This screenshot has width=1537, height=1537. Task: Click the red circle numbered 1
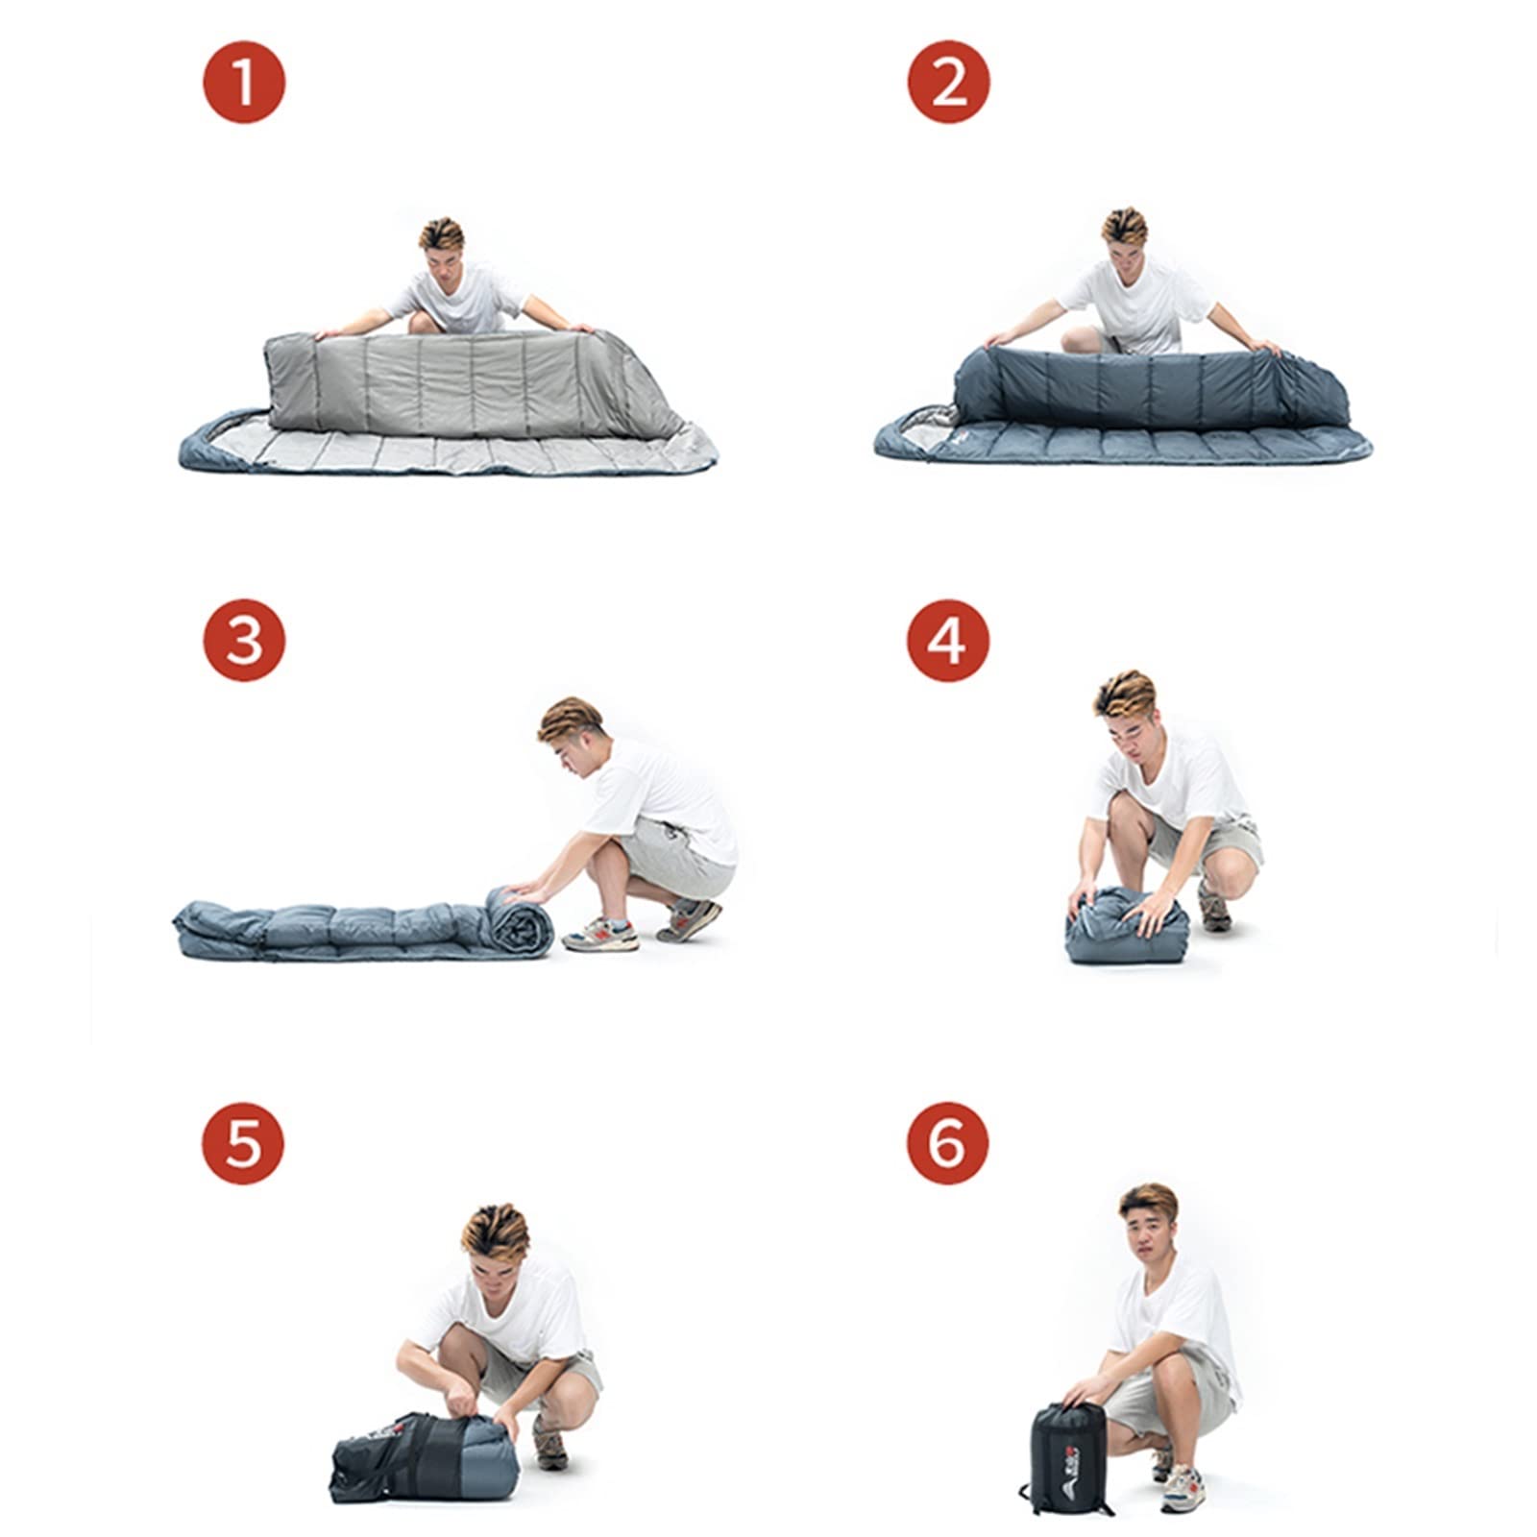[x=244, y=81]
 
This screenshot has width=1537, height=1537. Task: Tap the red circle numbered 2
[x=949, y=81]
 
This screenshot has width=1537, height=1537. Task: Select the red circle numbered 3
[x=244, y=638]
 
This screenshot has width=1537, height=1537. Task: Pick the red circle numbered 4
[x=949, y=638]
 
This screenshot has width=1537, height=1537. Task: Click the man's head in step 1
[x=442, y=250]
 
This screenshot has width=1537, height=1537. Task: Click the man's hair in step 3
[x=569, y=719]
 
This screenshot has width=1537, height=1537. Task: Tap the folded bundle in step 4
[x=1126, y=926]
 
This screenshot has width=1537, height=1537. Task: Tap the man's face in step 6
[x=1147, y=1239]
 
